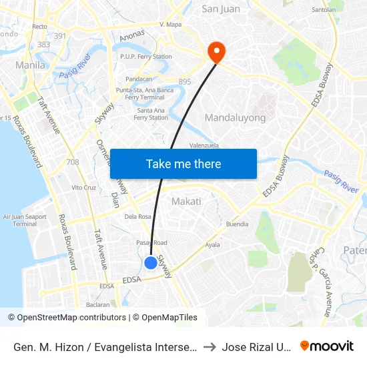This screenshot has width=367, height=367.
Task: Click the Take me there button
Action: coord(183,163)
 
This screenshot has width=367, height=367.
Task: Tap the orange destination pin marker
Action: coord(216,51)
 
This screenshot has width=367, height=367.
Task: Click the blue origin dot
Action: coord(151,263)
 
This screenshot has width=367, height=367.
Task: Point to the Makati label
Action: coord(186,201)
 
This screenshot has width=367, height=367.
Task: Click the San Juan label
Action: coord(221,9)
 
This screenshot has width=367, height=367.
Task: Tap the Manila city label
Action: coord(30,65)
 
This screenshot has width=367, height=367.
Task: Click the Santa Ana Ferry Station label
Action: coord(151,113)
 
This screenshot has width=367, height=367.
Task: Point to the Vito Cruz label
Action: coord(84,188)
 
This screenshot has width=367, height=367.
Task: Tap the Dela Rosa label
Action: coord(138,216)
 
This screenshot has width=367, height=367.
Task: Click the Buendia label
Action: coord(238,224)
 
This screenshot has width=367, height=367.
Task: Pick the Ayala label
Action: coord(212,245)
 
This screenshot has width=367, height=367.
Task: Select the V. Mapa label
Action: coord(171,24)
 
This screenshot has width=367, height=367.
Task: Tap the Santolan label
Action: coord(324,9)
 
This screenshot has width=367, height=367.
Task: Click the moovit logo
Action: coord(327,346)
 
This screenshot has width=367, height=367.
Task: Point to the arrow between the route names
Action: coord(209,347)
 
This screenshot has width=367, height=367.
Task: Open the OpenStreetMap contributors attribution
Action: coord(71,318)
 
